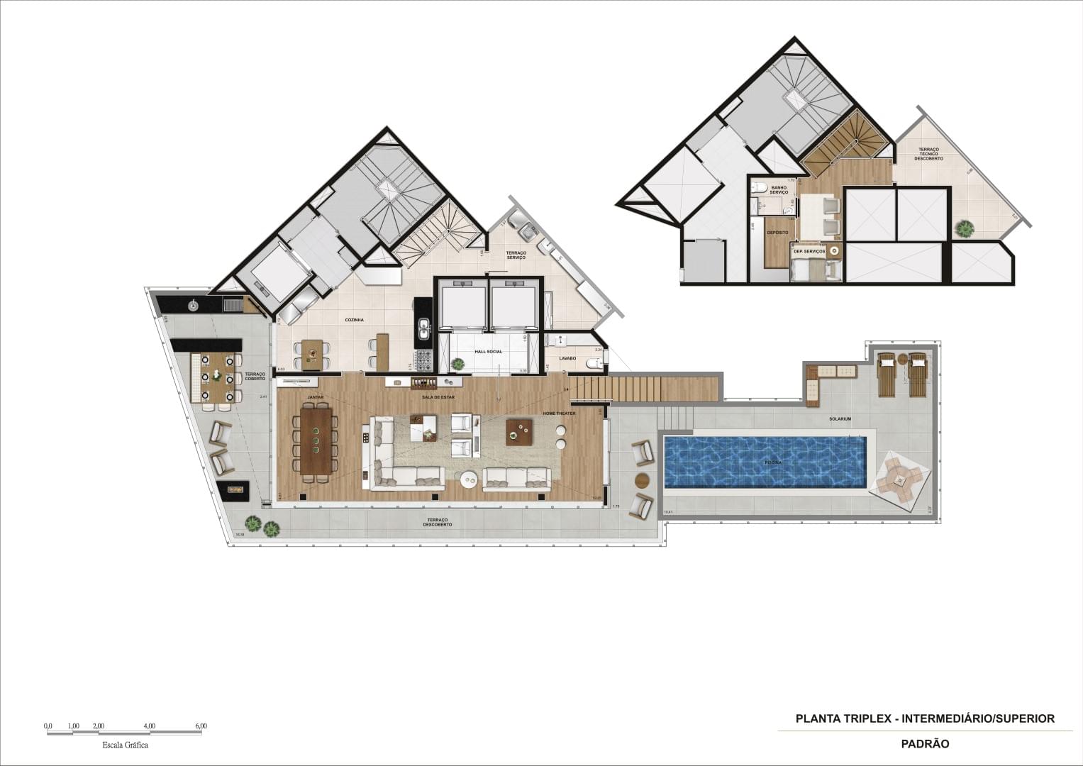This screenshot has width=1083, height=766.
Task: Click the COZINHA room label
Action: [x=355, y=320]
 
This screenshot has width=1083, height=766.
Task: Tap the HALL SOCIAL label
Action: [x=488, y=352]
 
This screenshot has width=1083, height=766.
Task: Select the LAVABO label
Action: [x=567, y=359]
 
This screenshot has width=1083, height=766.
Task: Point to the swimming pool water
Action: [x=765, y=461]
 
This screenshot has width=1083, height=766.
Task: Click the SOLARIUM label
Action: [x=840, y=419]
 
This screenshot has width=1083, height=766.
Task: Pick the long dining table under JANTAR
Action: [x=316, y=440]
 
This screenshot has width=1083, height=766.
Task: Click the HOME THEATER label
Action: [x=559, y=413]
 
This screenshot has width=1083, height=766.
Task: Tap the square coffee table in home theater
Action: [x=519, y=432]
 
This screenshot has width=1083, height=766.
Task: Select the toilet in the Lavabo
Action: [x=594, y=365]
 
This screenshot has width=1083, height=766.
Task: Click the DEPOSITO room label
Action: [x=777, y=232]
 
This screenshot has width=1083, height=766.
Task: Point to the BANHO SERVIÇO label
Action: [x=779, y=190]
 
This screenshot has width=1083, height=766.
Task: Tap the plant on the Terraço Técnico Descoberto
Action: [x=964, y=228]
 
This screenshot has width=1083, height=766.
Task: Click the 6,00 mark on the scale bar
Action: [x=201, y=726]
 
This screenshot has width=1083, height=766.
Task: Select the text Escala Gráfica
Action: [x=126, y=745]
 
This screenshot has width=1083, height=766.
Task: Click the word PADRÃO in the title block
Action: [x=925, y=744]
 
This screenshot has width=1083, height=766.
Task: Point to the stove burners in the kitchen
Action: [x=423, y=360]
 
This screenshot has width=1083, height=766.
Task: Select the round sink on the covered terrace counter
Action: [x=192, y=306]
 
